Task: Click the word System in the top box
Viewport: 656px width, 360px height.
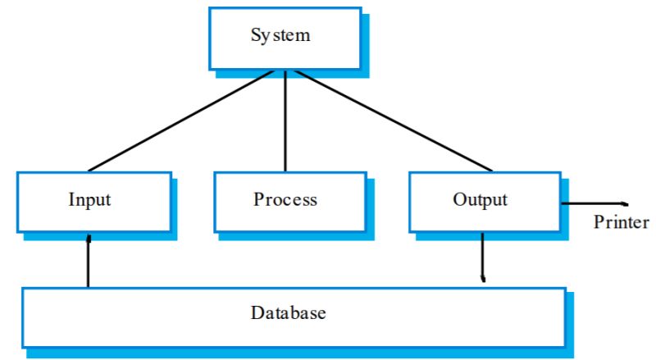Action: (281, 35)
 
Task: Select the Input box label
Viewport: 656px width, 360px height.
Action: (89, 199)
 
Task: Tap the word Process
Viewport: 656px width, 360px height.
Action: (285, 199)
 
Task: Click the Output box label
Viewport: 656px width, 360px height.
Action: (480, 199)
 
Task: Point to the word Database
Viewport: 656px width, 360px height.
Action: (289, 312)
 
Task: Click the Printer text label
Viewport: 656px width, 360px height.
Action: (621, 222)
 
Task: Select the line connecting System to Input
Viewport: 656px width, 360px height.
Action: (180, 120)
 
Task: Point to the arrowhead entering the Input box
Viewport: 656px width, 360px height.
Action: (89, 237)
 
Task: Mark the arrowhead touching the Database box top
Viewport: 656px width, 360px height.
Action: (483, 280)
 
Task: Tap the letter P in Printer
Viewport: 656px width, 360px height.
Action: (598, 222)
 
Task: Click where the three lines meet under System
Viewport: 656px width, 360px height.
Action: (285, 71)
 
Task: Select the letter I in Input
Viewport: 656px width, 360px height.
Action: (71, 199)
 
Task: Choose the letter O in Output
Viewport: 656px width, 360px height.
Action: (458, 199)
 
